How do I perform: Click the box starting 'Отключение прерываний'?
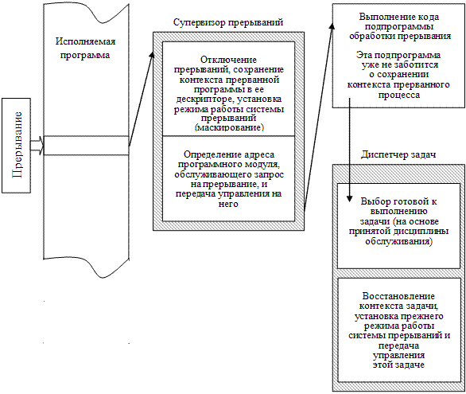[229, 88]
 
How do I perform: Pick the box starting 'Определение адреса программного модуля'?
[229, 178]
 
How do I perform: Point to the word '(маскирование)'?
[229, 127]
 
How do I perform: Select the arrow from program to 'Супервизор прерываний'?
[140, 96]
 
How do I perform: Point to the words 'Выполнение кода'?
[398, 17]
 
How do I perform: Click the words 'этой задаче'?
[398, 365]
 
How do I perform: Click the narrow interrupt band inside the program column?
[83, 145]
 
